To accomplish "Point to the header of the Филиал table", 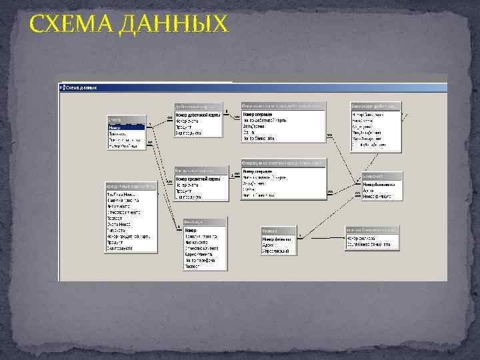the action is pyautogui.click(x=279, y=230).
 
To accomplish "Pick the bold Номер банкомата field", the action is pyautogui.click(x=382, y=183).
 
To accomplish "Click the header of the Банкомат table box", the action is pyautogui.click(x=381, y=176).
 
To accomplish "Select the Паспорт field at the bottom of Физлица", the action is pyautogui.click(x=193, y=265).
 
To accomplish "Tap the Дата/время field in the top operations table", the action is pyautogui.click(x=254, y=126).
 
